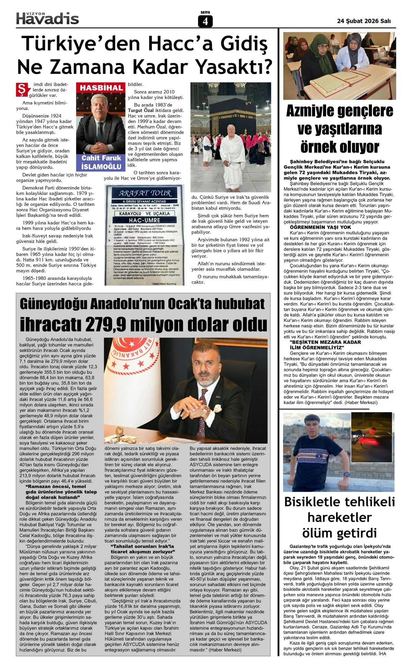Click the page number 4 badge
click(x=205, y=21)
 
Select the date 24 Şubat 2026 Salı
click(x=364, y=21)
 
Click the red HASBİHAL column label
click(x=101, y=88)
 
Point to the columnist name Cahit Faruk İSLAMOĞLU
click(x=101, y=162)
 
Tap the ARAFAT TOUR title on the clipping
click(x=145, y=193)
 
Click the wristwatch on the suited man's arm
click(x=205, y=410)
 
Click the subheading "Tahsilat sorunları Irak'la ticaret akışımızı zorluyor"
click(x=142, y=549)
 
